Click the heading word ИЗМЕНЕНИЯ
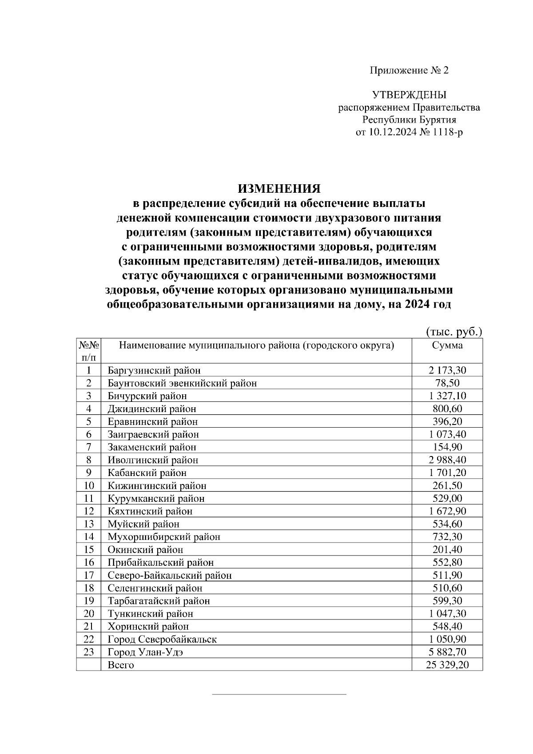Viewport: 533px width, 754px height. tap(279, 188)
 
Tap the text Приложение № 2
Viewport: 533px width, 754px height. tap(409, 70)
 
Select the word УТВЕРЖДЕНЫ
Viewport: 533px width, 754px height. tap(409, 95)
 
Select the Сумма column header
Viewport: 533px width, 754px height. tap(447, 345)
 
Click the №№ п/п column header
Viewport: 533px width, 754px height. tap(88, 351)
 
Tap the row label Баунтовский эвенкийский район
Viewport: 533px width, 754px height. tap(182, 383)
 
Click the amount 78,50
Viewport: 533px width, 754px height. tap(447, 383)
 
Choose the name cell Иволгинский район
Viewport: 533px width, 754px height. tap(153, 460)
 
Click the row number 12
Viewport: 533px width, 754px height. tap(89, 511)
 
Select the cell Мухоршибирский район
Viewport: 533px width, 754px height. tap(164, 537)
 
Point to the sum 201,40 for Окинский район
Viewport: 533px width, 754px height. tap(447, 550)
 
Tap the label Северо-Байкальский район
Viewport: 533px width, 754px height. tap(170, 575)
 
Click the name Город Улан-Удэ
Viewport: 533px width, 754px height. tap(145, 652)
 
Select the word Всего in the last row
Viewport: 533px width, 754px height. tap(121, 665)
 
